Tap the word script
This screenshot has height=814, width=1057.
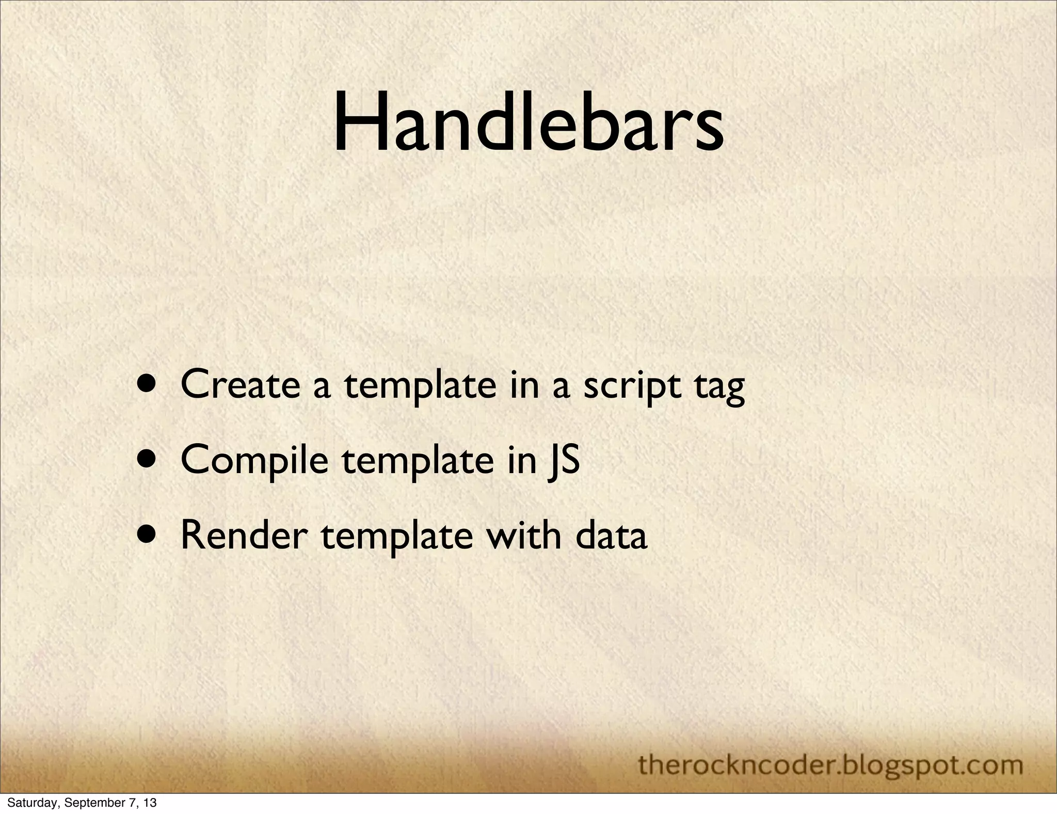(x=632, y=386)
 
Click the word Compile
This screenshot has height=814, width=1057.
(x=254, y=460)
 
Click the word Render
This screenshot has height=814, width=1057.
(x=244, y=536)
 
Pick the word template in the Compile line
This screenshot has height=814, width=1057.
(x=417, y=461)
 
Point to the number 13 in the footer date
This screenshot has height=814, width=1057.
(x=150, y=803)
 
